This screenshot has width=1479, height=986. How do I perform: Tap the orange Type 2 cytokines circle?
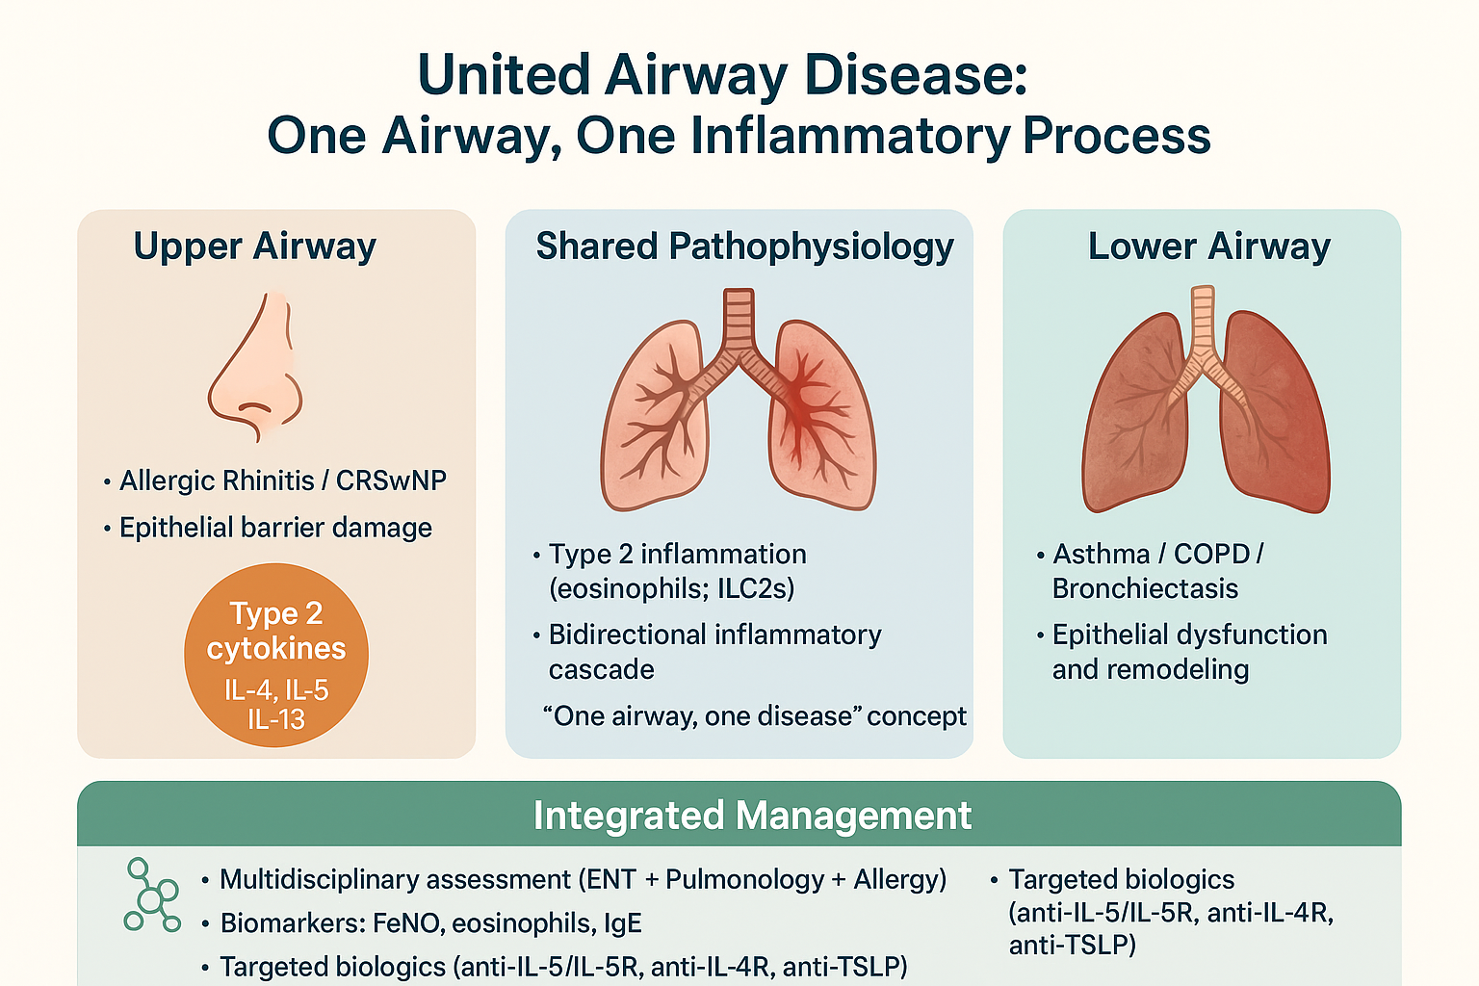pyautogui.click(x=276, y=655)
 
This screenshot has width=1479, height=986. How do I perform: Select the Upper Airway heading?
pyautogui.click(x=255, y=246)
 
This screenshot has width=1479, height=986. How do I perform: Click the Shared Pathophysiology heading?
pyautogui.click(x=744, y=246)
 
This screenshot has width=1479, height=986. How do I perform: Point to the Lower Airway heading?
pyautogui.click(x=1209, y=246)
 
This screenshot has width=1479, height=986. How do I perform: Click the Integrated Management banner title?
pyautogui.click(x=752, y=816)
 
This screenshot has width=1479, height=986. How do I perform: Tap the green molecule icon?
pyautogui.click(x=152, y=895)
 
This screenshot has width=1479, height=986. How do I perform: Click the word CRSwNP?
pyautogui.click(x=391, y=480)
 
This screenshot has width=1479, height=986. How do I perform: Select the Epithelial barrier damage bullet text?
pyautogui.click(x=275, y=528)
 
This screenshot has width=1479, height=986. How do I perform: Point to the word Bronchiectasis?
pyautogui.click(x=1145, y=588)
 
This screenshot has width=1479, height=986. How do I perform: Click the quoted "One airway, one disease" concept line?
pyautogui.click(x=755, y=716)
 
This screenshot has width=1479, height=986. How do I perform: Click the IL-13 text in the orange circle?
pyautogui.click(x=276, y=719)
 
